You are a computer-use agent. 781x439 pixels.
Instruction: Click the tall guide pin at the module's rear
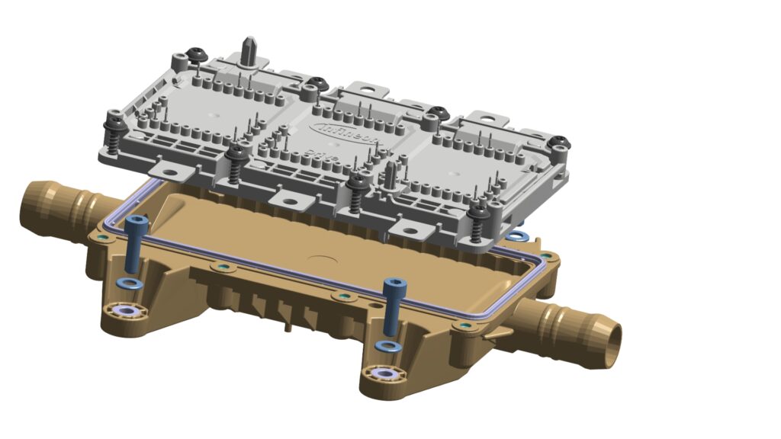coord(249,50)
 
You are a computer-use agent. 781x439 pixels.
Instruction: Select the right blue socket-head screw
coord(394,305)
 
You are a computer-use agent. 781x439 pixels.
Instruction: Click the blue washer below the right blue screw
coord(389,347)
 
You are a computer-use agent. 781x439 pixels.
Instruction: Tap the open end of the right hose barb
coord(611,336)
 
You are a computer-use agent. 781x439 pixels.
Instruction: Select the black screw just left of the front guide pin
coord(355,183)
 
